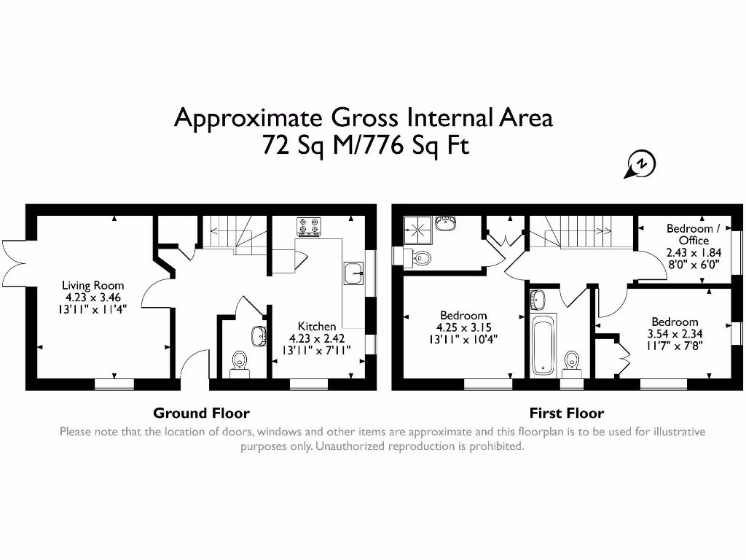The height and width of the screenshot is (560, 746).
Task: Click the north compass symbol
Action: tap(641, 165)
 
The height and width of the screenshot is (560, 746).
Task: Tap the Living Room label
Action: tap(93, 286)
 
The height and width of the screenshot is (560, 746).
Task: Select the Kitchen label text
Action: tap(317, 327)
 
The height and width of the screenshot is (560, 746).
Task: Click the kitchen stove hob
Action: tap(309, 227)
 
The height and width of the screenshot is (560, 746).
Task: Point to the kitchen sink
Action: tap(353, 273)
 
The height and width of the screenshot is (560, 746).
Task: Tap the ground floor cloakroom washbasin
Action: tap(259, 336)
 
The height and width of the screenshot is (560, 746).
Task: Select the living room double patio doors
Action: tap(15, 263)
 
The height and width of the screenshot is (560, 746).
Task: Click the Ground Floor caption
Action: tap(201, 413)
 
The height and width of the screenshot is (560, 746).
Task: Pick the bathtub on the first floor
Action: tap(543, 345)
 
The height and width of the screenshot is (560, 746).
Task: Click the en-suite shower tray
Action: tap(418, 229)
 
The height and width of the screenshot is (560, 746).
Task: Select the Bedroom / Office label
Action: tap(693, 234)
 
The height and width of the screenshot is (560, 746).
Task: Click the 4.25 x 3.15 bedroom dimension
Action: tap(461, 327)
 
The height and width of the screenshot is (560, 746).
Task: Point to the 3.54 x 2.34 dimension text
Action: tap(675, 333)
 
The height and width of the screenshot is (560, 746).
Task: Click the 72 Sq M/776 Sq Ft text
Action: tap(364, 146)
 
